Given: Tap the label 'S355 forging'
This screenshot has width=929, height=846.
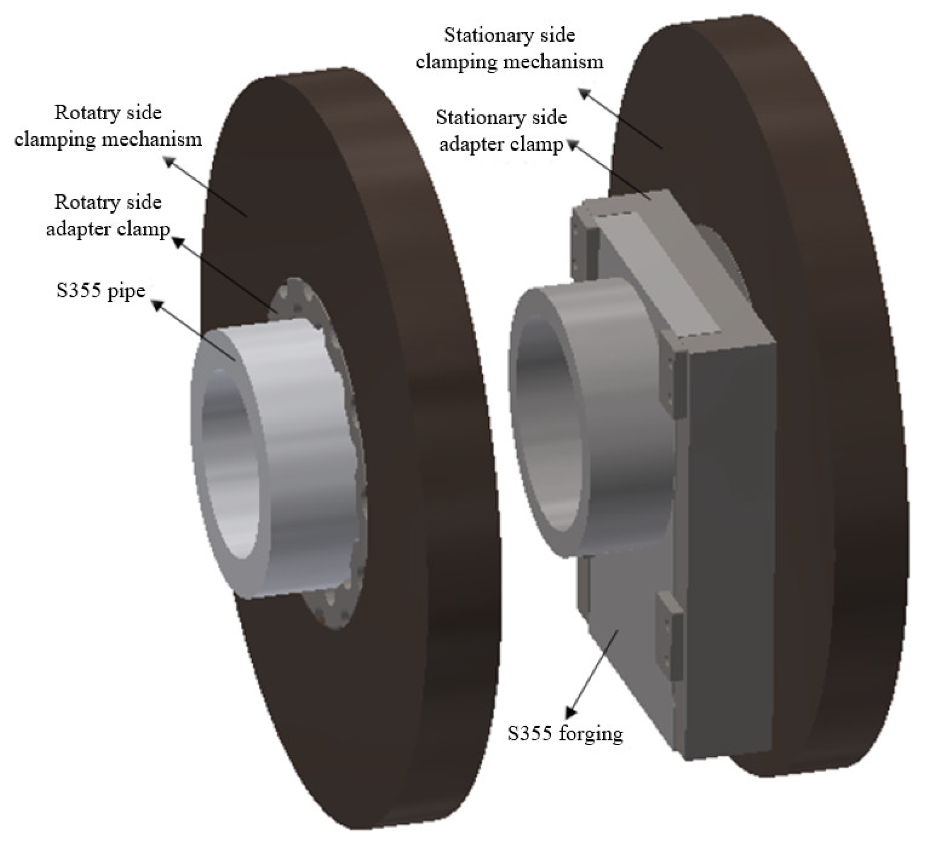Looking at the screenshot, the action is click(x=565, y=733).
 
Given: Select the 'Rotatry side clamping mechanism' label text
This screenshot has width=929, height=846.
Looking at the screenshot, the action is click(x=108, y=125).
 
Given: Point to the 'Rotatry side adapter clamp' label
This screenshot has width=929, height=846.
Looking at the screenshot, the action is click(x=108, y=215).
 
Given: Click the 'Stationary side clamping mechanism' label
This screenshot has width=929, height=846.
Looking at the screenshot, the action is click(x=510, y=48).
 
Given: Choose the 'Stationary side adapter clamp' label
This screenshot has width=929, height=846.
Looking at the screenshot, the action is click(x=501, y=131).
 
